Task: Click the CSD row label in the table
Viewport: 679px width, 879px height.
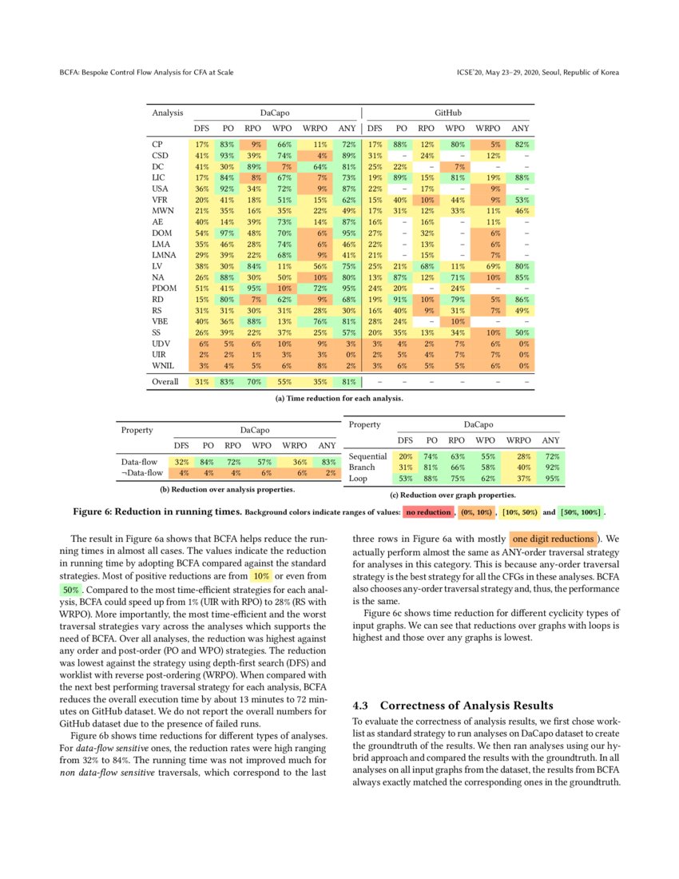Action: pos(159,155)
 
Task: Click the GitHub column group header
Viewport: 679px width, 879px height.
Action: pos(447,113)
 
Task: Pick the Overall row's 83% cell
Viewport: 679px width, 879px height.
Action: pos(228,382)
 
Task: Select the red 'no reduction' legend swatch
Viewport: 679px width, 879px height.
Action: pos(427,511)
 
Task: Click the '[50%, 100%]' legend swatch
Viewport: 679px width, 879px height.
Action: pos(582,511)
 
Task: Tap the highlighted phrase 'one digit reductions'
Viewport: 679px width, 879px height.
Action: pos(553,539)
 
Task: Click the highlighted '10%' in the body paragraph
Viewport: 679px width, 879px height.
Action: pos(260,575)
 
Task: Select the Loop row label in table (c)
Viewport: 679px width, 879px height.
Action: pos(358,479)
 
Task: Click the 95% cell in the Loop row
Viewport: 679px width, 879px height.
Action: pos(550,479)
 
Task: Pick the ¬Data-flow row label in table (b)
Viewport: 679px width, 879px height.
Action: pos(143,473)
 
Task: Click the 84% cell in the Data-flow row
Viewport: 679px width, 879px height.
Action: pos(208,462)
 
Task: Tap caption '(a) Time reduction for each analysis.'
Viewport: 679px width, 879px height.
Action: pos(339,397)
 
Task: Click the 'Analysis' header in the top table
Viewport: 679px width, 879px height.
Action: pos(168,113)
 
